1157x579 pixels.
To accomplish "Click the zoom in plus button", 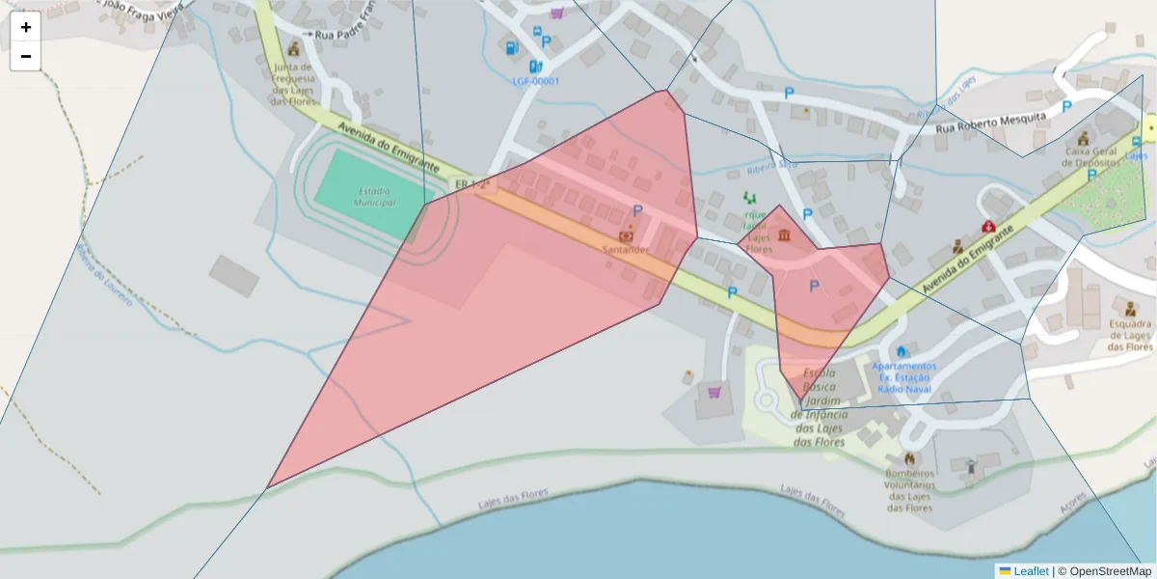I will pyautogui.click(x=26, y=27).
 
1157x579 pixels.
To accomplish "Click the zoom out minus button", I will pyautogui.click(x=26, y=56).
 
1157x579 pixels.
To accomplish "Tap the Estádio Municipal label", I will pyautogui.click(x=375, y=197).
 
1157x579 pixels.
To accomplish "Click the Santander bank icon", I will pyautogui.click(x=626, y=234).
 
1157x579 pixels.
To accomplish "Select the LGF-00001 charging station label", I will pyautogui.click(x=535, y=81).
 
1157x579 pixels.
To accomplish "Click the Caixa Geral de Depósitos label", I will pyautogui.click(x=1090, y=156).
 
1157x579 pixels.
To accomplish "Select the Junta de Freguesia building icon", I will pyautogui.click(x=293, y=49).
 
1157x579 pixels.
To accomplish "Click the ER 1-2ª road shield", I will pyautogui.click(x=472, y=183).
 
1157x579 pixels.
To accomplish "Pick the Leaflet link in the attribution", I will pyautogui.click(x=1030, y=571).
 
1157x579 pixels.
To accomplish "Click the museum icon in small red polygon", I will pyautogui.click(x=784, y=236).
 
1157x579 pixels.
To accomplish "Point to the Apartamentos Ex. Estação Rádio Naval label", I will pyautogui.click(x=903, y=377).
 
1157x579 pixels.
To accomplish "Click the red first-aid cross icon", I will pyautogui.click(x=988, y=227).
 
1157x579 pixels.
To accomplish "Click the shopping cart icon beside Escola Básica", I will pyautogui.click(x=714, y=392).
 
